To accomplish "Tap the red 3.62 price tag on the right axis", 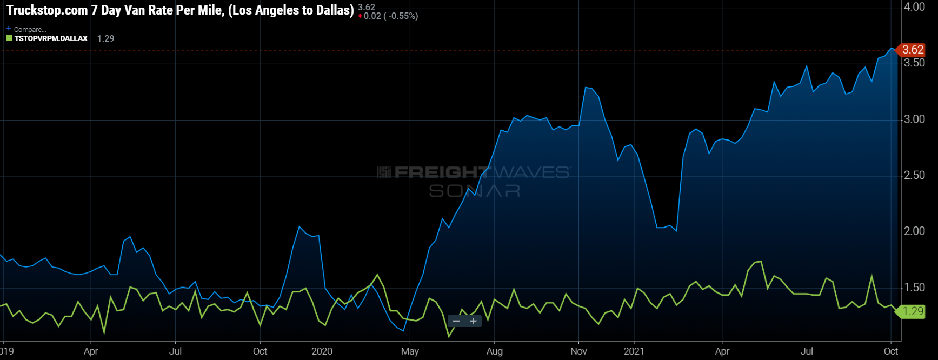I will click(913, 50).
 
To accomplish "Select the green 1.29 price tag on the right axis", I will click(913, 311).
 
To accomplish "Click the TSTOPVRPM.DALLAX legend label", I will click(51, 38).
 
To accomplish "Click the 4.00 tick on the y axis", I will click(914, 7).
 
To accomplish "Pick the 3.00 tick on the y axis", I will click(914, 119).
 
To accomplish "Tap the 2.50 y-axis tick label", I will click(914, 175).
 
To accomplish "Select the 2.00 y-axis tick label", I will click(914, 231).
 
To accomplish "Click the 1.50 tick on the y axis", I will click(914, 288).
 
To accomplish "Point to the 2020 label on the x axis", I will click(322, 351).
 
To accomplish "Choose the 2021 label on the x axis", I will click(634, 351).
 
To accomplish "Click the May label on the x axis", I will click(410, 351).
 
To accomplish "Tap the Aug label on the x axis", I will click(494, 351).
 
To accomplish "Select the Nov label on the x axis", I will click(578, 351).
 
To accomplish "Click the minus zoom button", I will click(456, 321).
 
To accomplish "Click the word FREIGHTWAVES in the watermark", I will click(474, 172).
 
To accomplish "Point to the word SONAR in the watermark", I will click(475, 191).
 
